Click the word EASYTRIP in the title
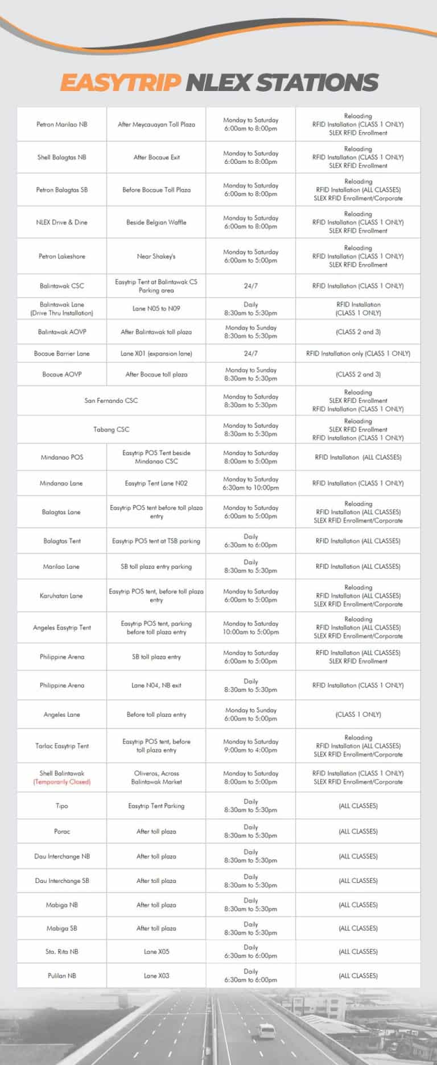pos(120,82)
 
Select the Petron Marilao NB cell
pos(62,125)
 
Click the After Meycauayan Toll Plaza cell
pos(156,125)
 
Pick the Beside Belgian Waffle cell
pos(156,222)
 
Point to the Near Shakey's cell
pos(156,257)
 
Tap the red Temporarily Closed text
pos(62,782)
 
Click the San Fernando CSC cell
pos(111,401)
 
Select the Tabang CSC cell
pos(111,430)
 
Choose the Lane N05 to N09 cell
pos(156,309)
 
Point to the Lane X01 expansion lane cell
pos(156,353)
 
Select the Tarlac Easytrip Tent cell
pos(62,746)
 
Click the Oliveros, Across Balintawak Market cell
pos(156,778)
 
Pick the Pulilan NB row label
pos(62,976)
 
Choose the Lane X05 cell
pos(156,951)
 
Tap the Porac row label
pos(62,831)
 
